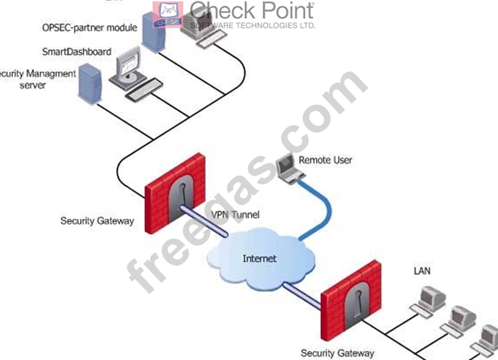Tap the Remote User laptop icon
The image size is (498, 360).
[287, 168]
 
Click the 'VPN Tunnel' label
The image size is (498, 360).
[235, 215]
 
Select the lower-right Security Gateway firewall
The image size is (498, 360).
[351, 300]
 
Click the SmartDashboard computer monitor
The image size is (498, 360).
[129, 69]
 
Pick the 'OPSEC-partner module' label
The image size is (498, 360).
[88, 28]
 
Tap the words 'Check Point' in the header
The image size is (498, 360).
[252, 11]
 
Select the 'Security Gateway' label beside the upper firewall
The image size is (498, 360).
[97, 220]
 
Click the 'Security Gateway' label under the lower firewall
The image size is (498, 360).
[338, 353]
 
